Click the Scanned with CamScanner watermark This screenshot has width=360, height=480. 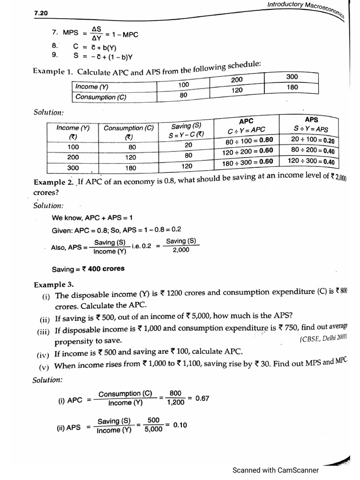click(x=276, y=470)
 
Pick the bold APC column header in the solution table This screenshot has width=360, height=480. click(x=246, y=121)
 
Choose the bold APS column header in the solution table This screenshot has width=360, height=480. click(x=311, y=120)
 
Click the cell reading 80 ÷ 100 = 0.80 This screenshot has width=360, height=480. click(x=249, y=141)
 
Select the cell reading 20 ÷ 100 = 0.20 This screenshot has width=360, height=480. click(x=312, y=140)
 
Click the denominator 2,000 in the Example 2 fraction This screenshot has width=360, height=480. click(x=180, y=250)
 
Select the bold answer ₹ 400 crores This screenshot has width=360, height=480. click(x=88, y=269)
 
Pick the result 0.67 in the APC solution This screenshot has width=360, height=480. click(x=202, y=398)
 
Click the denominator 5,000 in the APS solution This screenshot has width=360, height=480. click(x=153, y=428)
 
